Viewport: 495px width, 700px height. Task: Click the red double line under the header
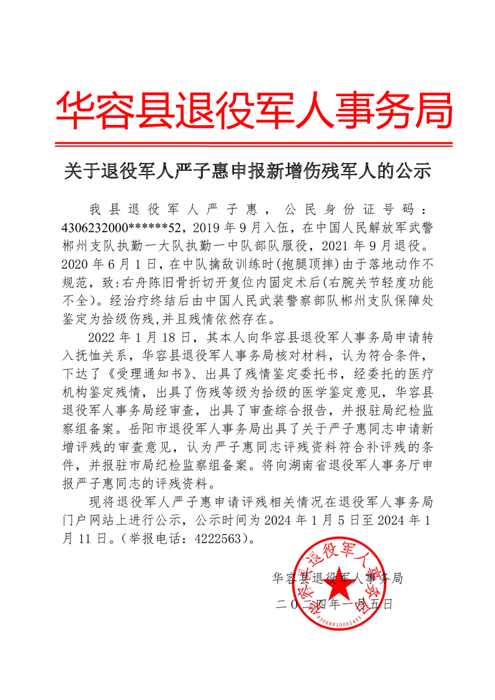[x=248, y=144]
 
